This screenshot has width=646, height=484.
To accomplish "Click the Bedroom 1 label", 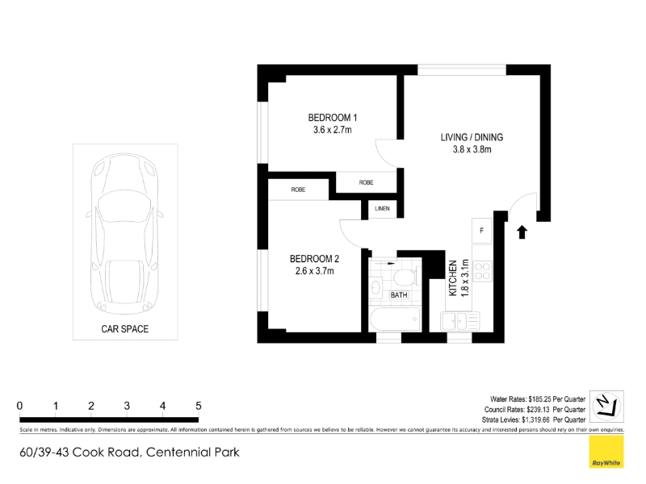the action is (333, 118).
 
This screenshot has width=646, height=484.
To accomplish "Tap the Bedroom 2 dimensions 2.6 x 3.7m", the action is (314, 271).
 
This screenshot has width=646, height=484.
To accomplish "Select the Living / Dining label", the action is (472, 137).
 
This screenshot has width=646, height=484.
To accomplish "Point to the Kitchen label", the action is (453, 277).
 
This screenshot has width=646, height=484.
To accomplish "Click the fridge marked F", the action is (481, 231).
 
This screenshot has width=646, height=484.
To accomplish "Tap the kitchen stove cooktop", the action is (482, 271).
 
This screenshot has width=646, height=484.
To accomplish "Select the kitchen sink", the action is (459, 321).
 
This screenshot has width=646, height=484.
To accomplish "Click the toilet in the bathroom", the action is (405, 277).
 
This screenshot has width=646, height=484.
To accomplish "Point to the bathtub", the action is (395, 319).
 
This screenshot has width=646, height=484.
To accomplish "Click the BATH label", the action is (399, 295).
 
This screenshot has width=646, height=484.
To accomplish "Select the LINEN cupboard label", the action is (382, 209).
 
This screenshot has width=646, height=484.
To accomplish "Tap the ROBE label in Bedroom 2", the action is (298, 190).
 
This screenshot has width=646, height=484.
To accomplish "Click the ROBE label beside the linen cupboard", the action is (367, 182).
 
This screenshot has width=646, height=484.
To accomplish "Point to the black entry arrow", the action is (522, 232).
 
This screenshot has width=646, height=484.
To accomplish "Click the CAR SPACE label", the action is (125, 329).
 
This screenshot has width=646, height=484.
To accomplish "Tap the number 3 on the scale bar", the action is (127, 406).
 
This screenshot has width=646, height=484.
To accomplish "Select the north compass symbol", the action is (606, 407).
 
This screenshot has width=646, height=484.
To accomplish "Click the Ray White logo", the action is (606, 452).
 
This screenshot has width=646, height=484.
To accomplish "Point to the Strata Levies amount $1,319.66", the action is (535, 419).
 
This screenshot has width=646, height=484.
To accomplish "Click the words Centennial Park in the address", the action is (193, 453).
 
